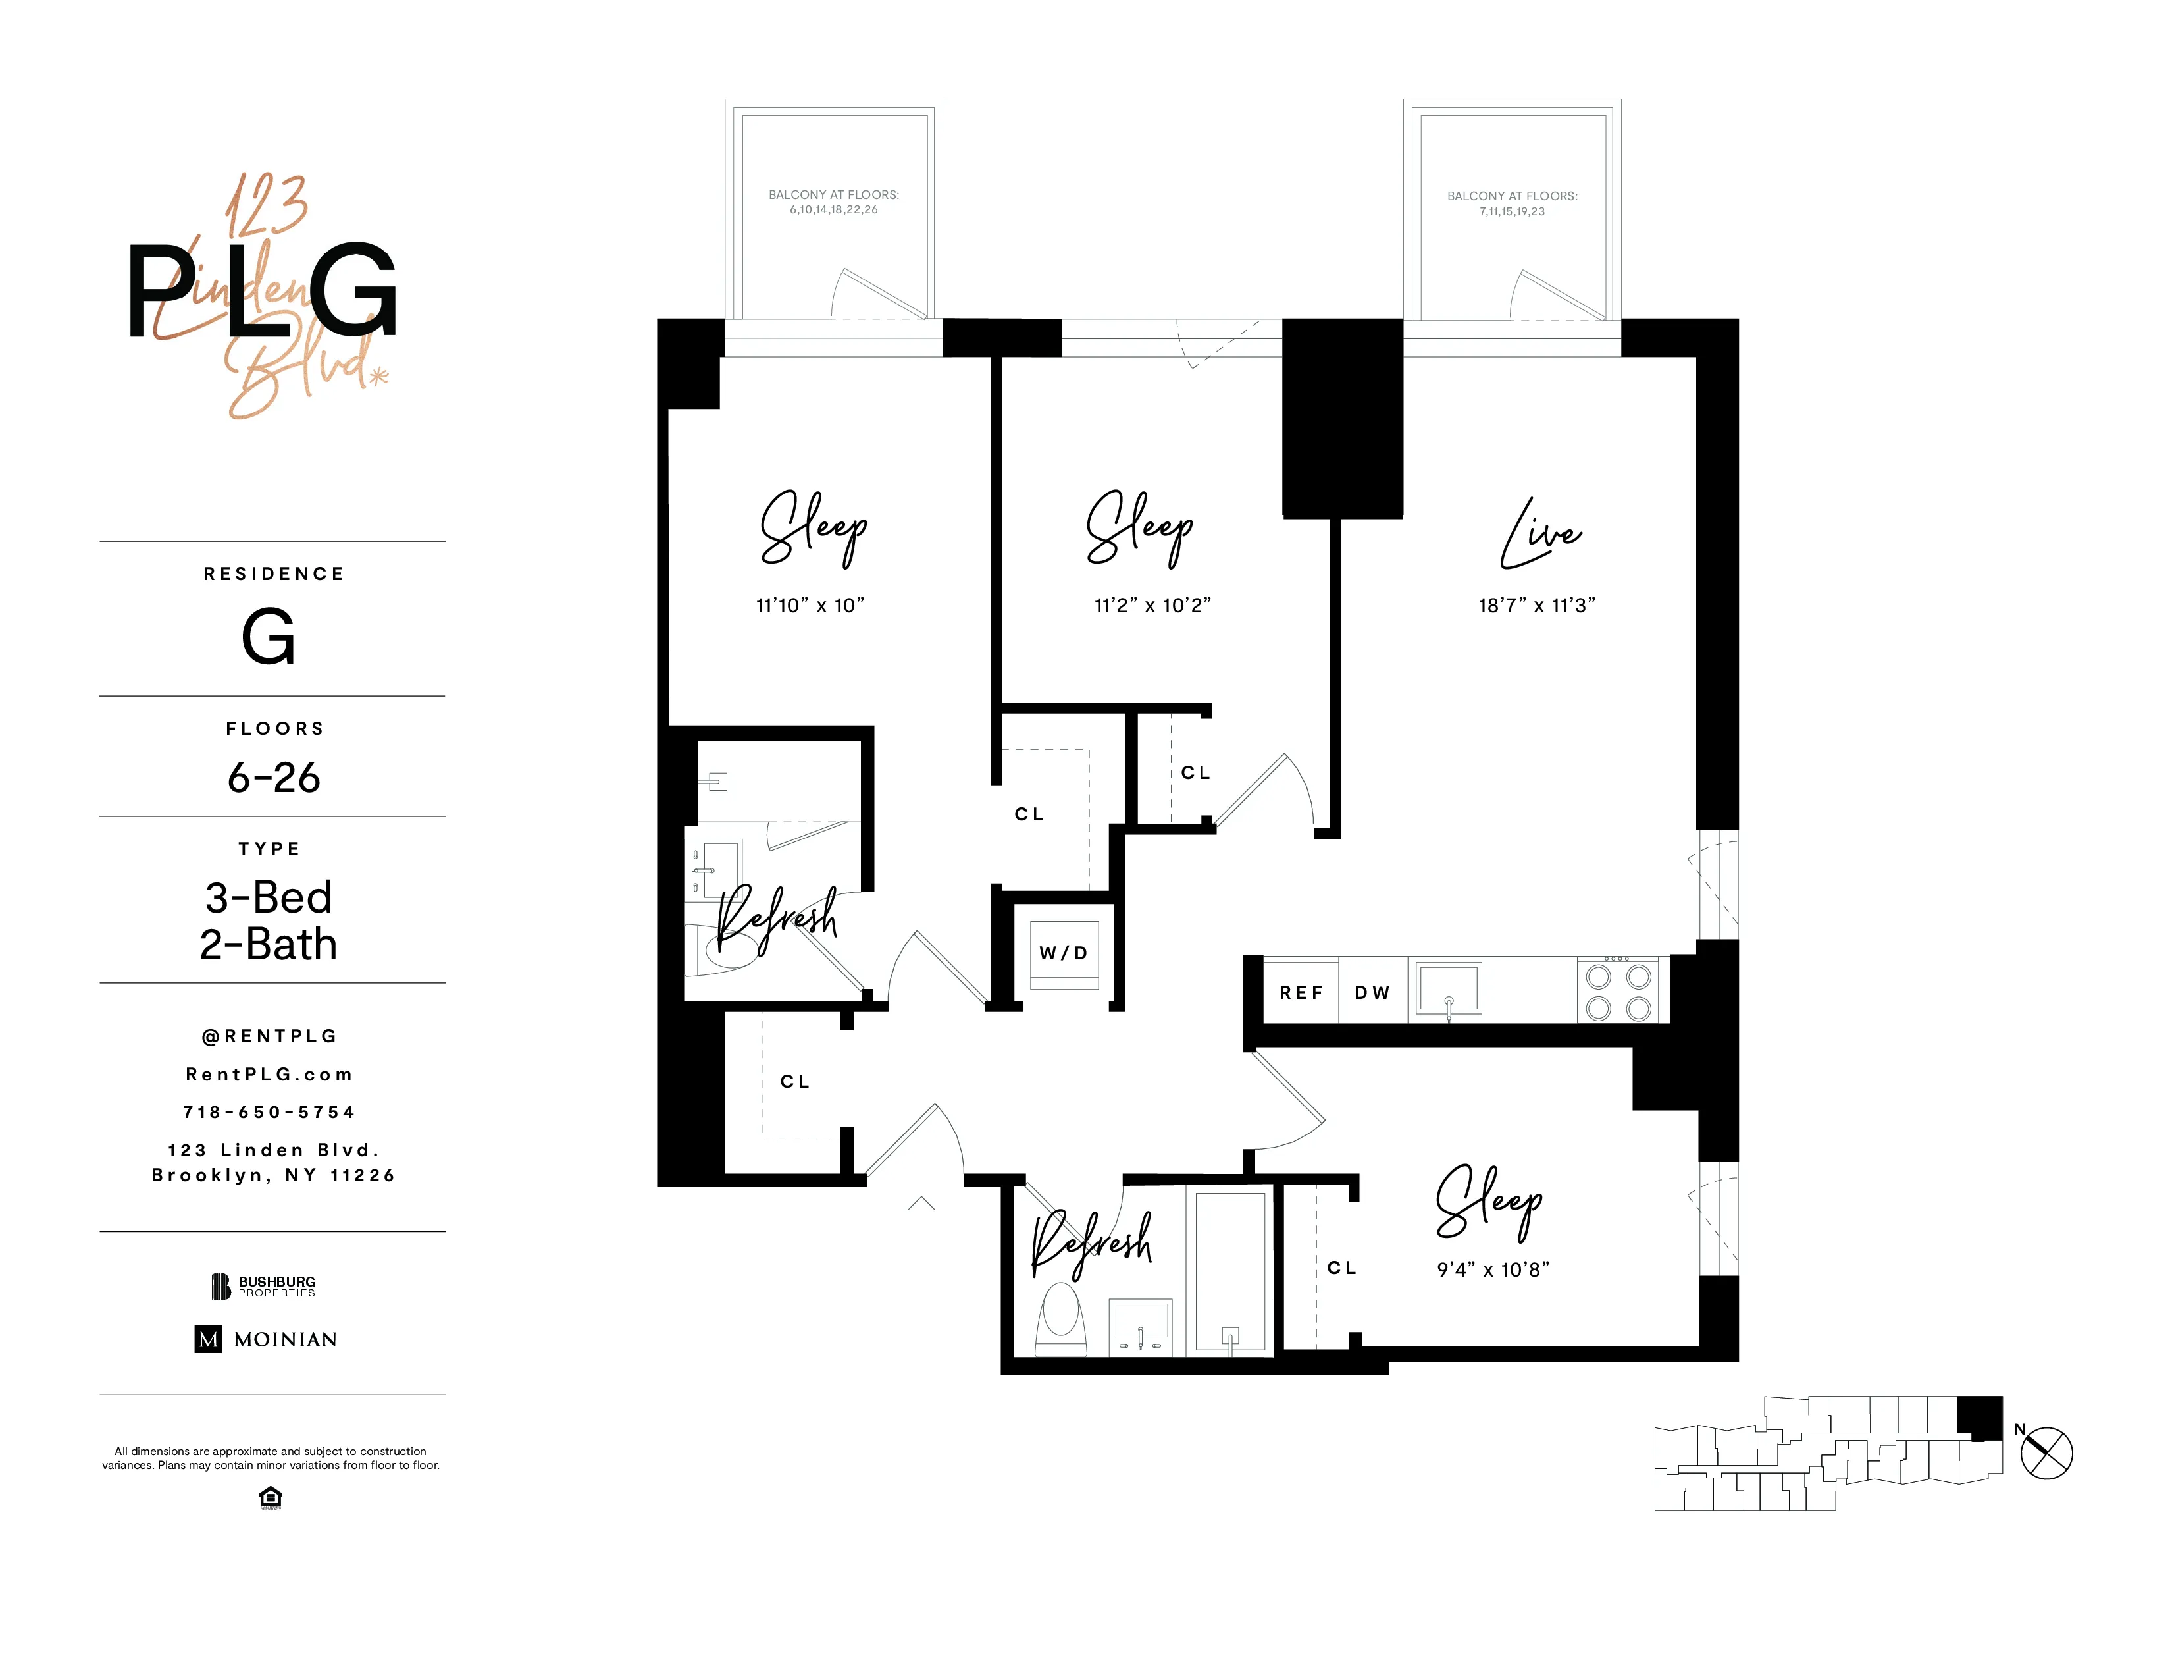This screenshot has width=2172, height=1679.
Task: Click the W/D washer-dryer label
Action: point(1063,953)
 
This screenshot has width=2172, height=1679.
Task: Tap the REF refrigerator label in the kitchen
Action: point(1301,993)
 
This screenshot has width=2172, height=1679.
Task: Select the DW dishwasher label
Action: point(1372,993)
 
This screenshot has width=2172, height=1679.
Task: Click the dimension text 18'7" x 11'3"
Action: point(1536,606)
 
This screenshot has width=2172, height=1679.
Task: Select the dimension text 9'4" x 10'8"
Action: point(1493,1270)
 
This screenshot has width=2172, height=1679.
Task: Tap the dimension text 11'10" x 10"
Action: point(810,606)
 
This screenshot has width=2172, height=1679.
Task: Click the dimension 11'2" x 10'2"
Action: point(1152,606)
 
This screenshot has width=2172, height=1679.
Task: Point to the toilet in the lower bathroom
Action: point(1061,1315)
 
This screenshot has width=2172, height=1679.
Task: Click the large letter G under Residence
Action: point(269,637)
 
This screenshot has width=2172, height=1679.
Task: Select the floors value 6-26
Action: point(274,778)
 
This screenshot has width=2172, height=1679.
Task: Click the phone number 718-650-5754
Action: point(269,1112)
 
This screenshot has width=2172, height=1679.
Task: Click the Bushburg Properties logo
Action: point(263,1286)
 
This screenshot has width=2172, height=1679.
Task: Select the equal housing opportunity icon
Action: point(269,1497)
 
